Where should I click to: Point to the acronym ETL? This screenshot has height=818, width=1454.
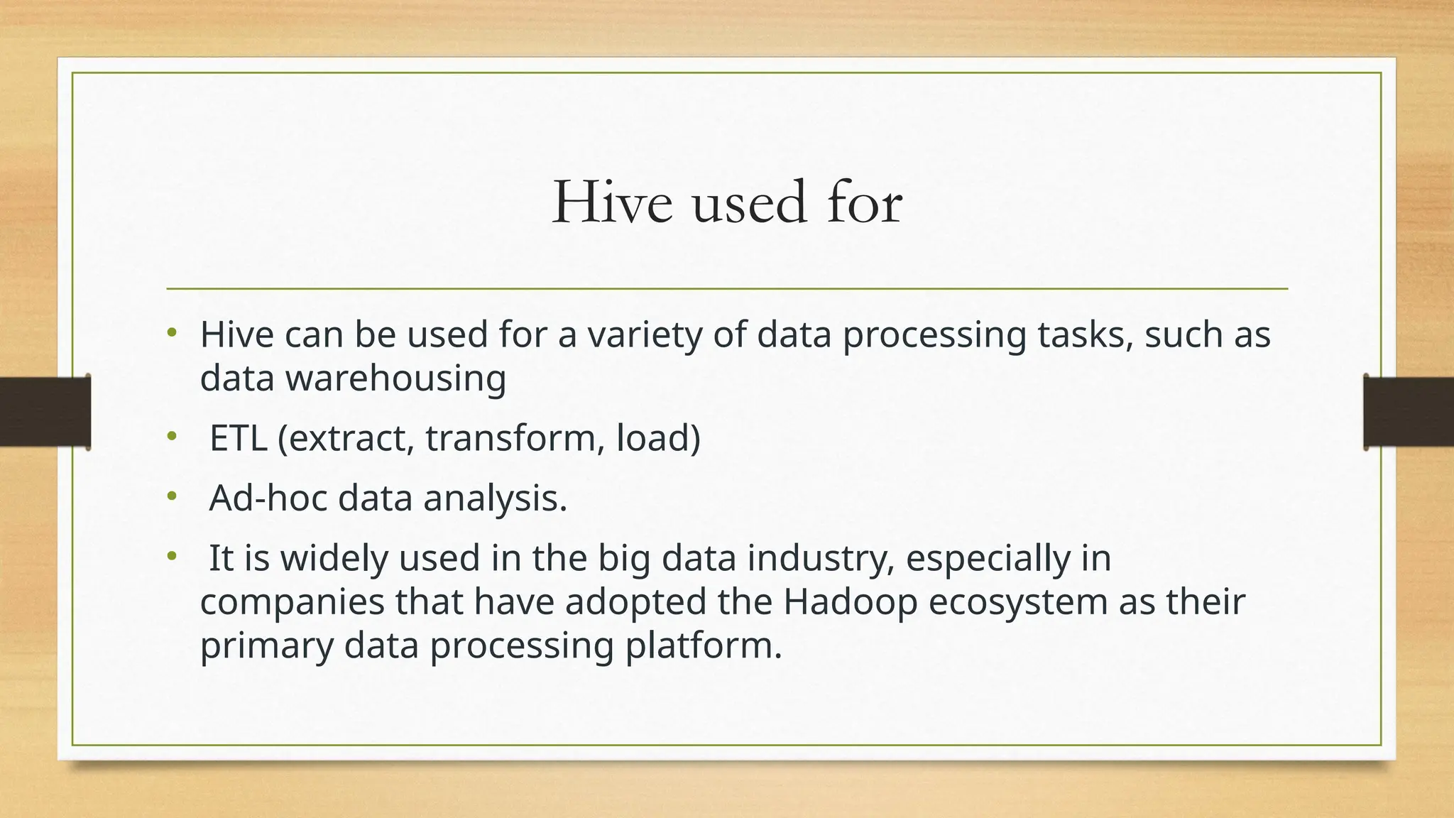(238, 437)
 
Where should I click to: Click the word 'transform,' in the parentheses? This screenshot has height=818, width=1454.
(514, 437)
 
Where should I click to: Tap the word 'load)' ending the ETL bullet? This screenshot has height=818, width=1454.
(658, 437)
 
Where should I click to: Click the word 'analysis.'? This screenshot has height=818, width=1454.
(496, 498)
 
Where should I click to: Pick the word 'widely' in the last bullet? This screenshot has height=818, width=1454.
(334, 558)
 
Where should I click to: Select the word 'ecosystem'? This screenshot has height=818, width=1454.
(1018, 601)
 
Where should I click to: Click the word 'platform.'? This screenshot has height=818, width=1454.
(704, 645)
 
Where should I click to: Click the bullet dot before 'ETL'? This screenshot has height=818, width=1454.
(171, 437)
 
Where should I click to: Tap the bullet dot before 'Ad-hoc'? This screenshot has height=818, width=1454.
(171, 497)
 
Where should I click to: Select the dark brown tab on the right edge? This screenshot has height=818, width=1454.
(1409, 412)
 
